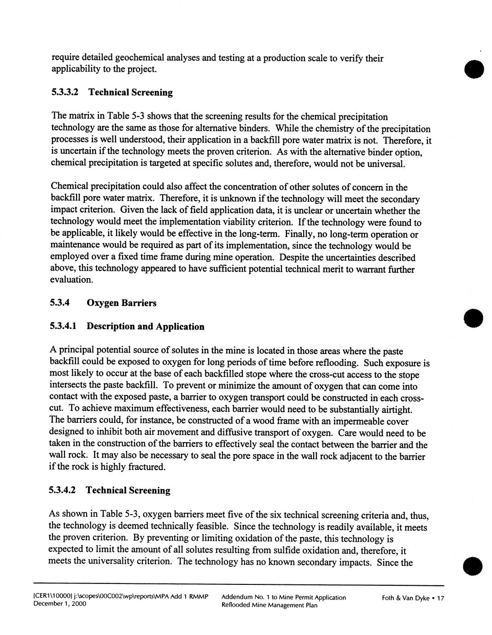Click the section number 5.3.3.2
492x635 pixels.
tap(65, 92)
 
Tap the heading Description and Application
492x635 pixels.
tap(145, 327)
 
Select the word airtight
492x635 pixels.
tap(393, 410)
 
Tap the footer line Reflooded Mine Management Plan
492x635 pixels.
tap(269, 605)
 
